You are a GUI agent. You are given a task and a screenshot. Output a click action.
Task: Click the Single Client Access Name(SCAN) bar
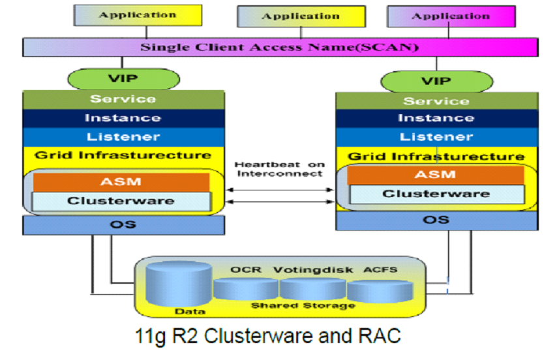(x=280, y=47)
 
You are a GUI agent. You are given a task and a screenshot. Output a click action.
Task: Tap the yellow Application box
(x=137, y=14)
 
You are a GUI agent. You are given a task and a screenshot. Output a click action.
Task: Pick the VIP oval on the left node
(x=122, y=79)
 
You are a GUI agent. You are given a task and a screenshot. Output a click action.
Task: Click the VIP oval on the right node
(x=435, y=82)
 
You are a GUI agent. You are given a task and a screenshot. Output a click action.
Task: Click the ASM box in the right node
(x=435, y=175)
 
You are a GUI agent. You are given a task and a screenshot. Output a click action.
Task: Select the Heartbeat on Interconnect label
(x=279, y=169)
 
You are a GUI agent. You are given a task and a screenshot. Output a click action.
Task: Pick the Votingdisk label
(x=313, y=269)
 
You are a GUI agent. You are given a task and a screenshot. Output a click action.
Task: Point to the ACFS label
(x=380, y=269)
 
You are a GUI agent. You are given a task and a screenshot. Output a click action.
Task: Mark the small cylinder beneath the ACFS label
(x=380, y=291)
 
